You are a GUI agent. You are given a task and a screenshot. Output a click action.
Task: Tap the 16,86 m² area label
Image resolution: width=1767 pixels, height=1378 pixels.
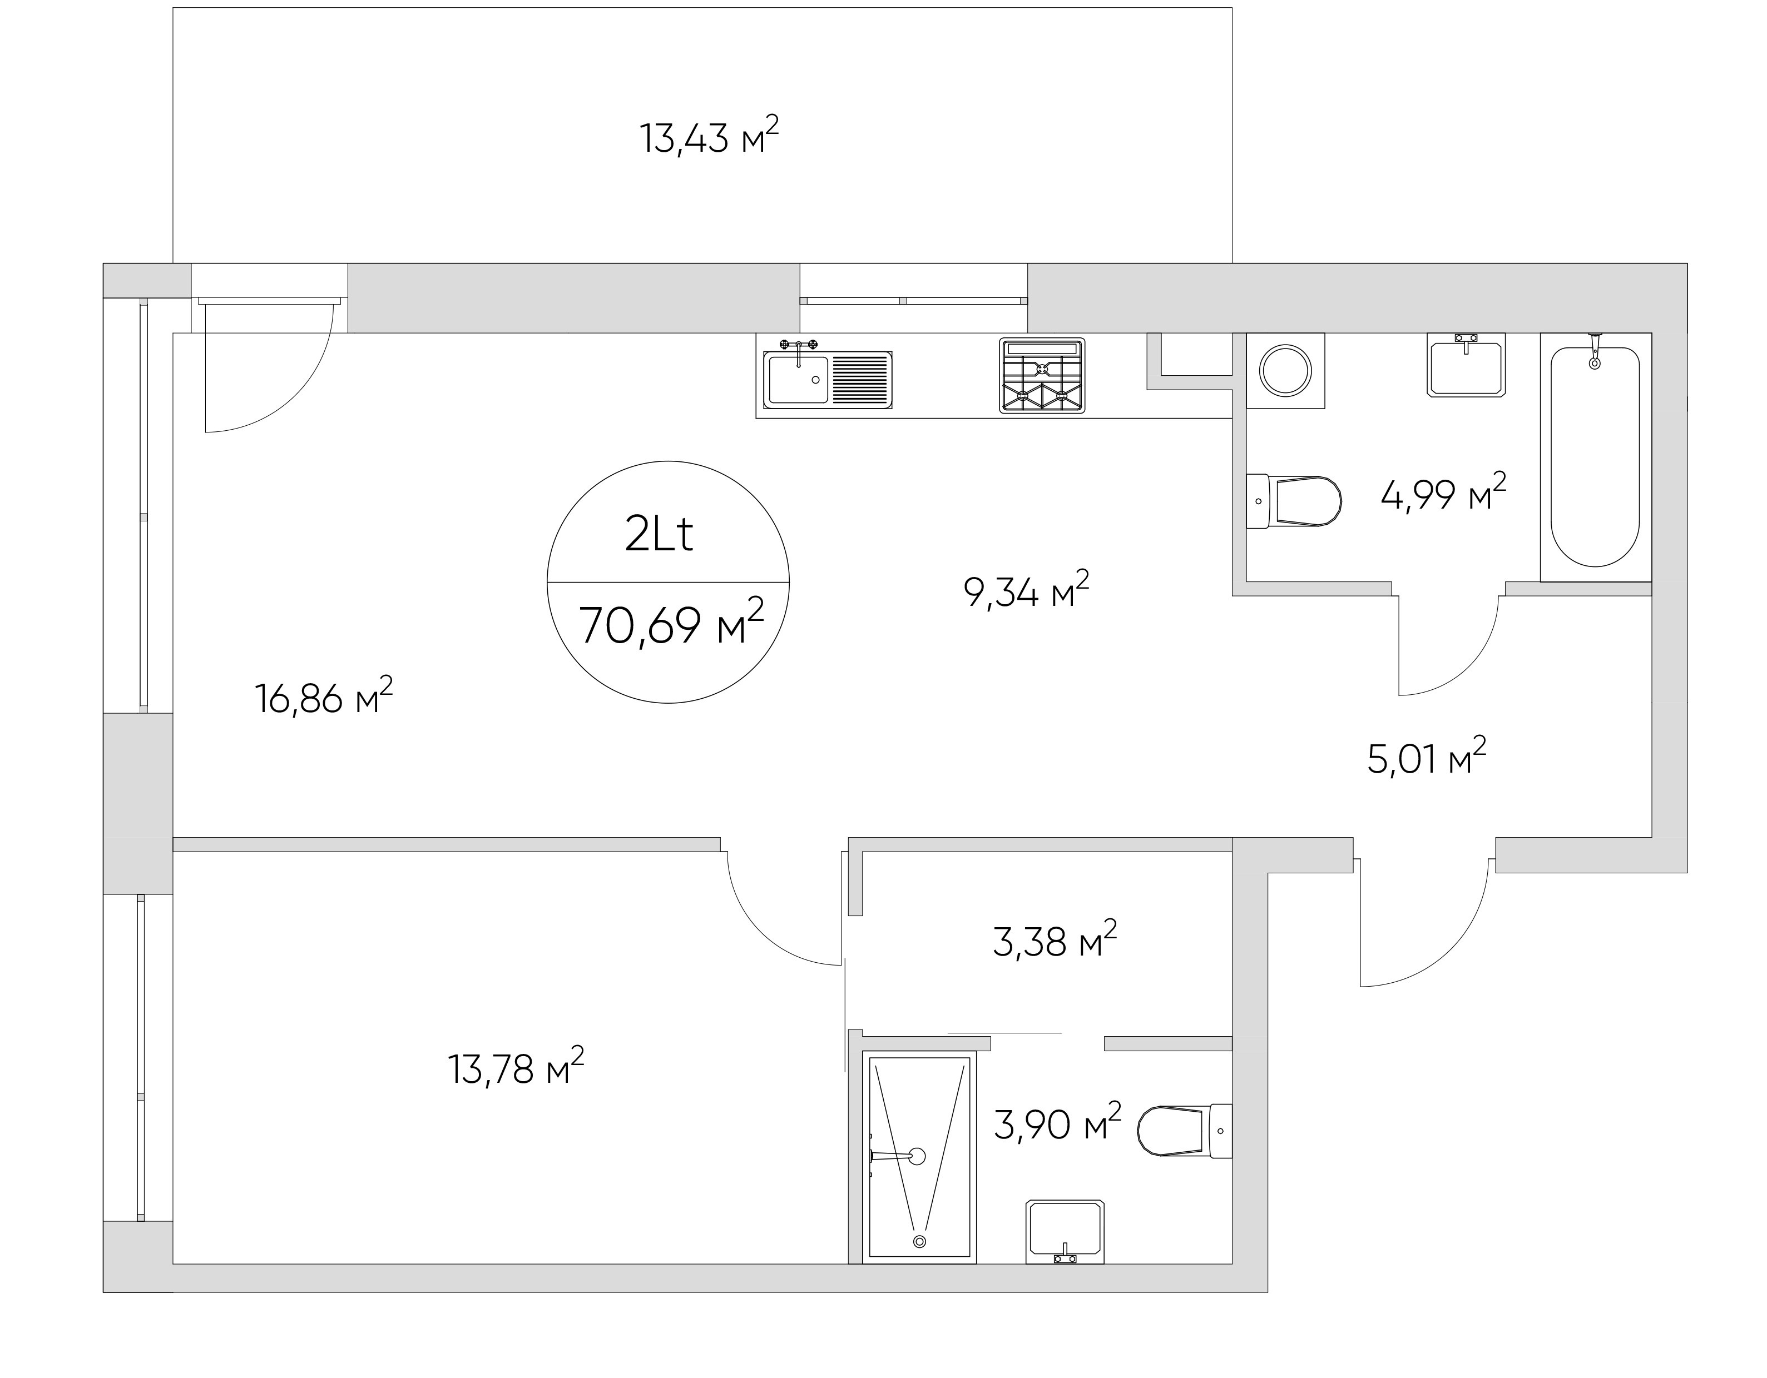pos(324,697)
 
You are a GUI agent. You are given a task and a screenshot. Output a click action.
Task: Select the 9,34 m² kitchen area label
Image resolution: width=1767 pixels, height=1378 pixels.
pos(1026,590)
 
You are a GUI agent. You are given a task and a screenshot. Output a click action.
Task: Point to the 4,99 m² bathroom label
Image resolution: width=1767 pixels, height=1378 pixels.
pos(1443,493)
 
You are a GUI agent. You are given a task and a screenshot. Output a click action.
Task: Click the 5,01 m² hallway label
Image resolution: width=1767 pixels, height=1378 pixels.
pos(1427,757)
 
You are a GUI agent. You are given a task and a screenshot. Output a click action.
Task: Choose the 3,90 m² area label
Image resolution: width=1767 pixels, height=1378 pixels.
pos(1057,1122)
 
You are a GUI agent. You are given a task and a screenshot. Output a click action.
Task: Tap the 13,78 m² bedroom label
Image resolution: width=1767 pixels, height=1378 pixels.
pos(516,1067)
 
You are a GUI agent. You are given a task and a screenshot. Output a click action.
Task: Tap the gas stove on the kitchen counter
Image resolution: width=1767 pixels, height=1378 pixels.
pos(1042,375)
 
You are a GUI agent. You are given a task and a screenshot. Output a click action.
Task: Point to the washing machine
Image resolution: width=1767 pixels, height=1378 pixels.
pos(1285,370)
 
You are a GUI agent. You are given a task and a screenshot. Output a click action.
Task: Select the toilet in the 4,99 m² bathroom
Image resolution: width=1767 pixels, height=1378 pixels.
pos(1293,501)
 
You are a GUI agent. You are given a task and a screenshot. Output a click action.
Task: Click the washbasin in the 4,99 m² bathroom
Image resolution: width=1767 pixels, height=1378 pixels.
pos(1466,365)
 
